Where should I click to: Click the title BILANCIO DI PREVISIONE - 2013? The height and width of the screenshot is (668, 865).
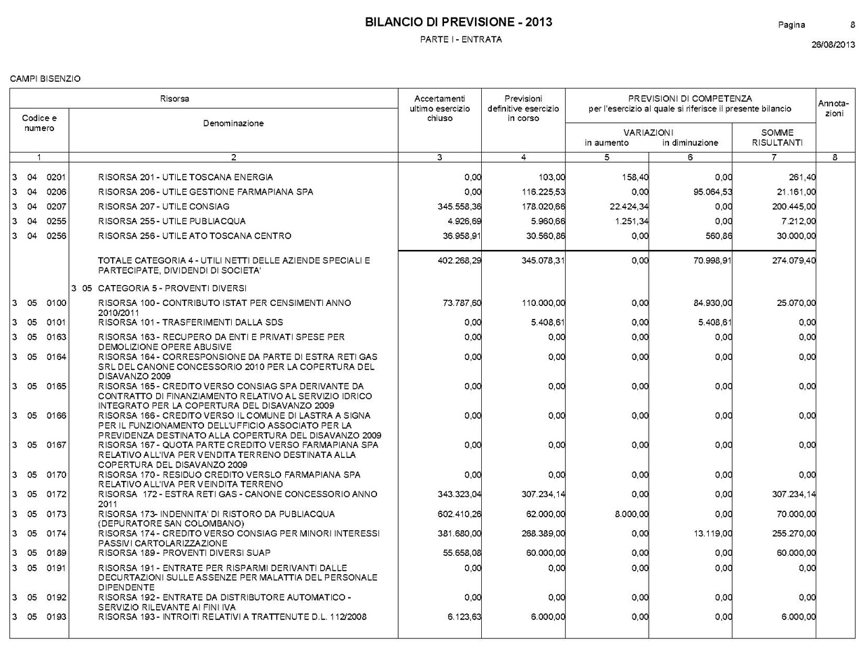coord(458,22)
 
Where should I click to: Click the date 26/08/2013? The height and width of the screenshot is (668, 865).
coord(833,45)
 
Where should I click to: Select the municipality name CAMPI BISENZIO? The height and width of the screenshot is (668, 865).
coord(45,79)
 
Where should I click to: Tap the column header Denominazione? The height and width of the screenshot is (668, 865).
coord(233,124)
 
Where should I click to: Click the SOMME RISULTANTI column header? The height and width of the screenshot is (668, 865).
coord(777,137)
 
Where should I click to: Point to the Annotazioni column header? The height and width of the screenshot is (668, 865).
coord(834,108)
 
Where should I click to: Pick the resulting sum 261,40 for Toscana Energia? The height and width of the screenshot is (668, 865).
coord(802,178)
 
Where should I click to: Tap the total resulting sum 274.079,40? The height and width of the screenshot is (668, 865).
coord(793,261)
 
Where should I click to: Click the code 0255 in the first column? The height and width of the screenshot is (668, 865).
coord(56,222)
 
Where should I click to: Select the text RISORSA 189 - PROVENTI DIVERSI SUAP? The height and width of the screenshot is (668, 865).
coord(184,553)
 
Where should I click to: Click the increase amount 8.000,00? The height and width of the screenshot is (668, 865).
coord(631,514)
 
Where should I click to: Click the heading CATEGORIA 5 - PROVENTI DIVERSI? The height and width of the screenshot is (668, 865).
coord(172,288)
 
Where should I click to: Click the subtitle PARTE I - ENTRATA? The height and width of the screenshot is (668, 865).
coord(461,39)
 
